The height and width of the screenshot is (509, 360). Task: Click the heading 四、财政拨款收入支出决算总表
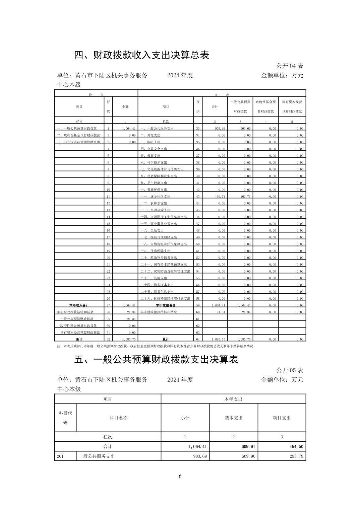click(141, 55)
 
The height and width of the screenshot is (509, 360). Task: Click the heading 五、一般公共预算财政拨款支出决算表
click(156, 359)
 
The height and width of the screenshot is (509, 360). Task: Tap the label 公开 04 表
click(290, 66)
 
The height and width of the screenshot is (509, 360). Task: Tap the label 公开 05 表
click(290, 370)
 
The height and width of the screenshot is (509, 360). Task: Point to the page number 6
click(180, 476)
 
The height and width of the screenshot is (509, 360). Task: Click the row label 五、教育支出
click(150, 156)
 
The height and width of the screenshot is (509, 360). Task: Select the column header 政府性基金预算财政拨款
click(265, 106)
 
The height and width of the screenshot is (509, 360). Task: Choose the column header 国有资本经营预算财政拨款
click(292, 106)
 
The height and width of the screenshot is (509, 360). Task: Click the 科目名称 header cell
click(118, 418)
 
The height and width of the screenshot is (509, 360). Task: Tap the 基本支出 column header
click(233, 418)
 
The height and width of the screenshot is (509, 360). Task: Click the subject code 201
click(60, 456)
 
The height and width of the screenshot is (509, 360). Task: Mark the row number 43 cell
click(198, 197)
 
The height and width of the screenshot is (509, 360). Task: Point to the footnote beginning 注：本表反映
click(156, 346)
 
